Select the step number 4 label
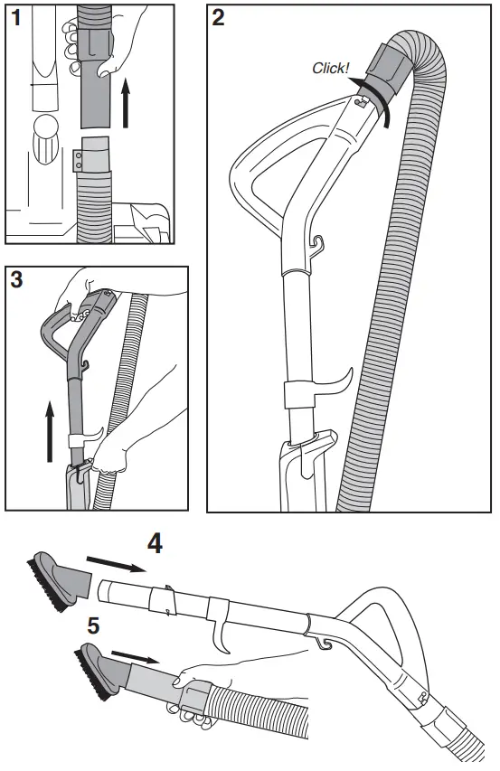(x=155, y=544)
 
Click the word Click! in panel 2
(x=330, y=68)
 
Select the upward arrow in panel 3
(x=51, y=432)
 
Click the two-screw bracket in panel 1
(x=80, y=157)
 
